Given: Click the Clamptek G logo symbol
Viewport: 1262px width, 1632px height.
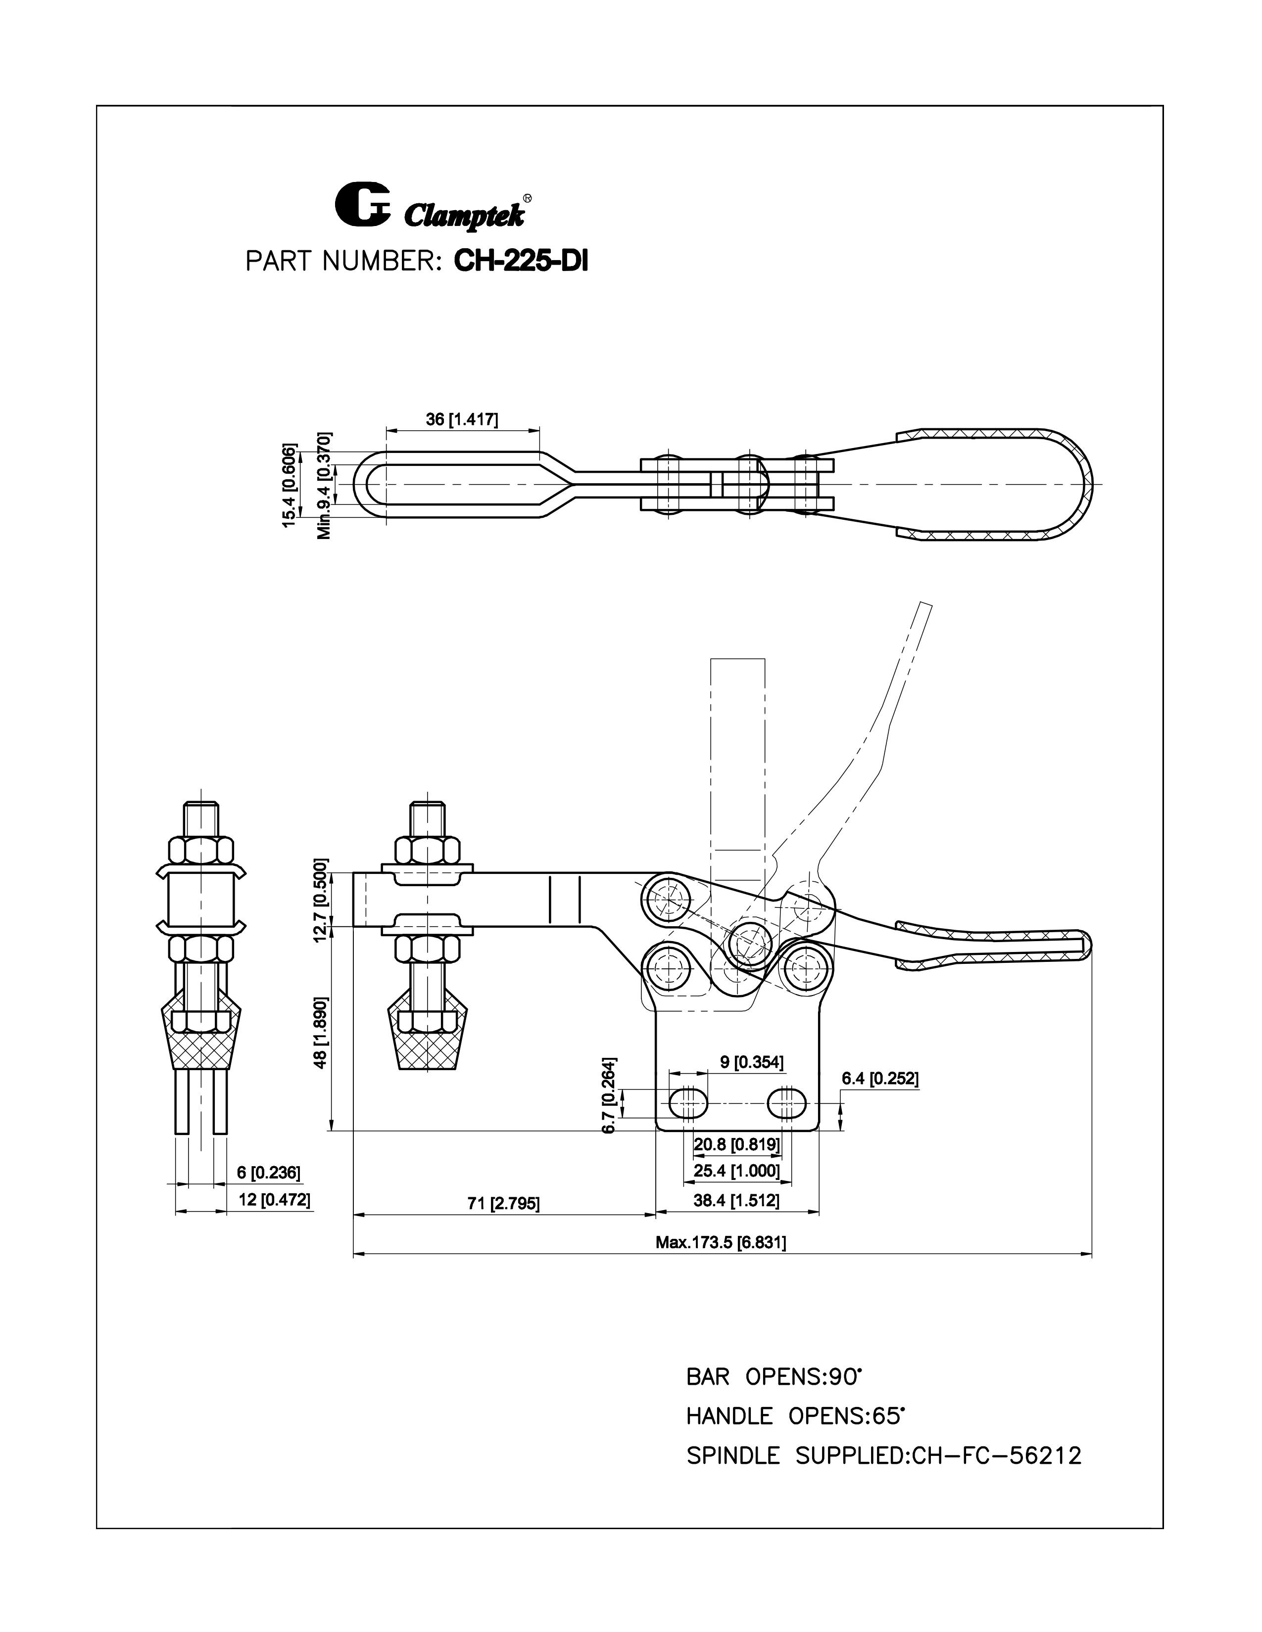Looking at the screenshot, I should click(361, 203).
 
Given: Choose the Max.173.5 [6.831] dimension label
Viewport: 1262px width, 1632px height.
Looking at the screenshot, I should click(720, 1242).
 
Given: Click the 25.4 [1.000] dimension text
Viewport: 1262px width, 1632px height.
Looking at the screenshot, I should click(736, 1170).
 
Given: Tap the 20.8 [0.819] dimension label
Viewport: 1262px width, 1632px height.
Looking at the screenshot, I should click(736, 1143).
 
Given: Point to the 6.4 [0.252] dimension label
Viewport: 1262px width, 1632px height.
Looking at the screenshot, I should click(879, 1078).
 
